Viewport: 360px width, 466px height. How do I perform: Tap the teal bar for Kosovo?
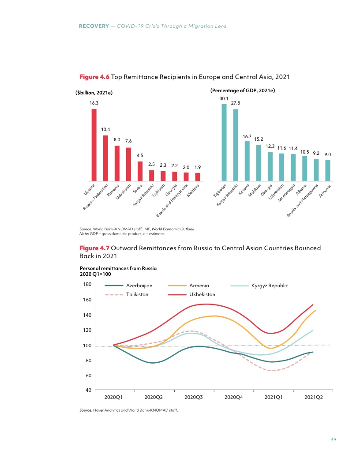click(x=247, y=161)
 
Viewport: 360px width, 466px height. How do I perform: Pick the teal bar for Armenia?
click(x=328, y=170)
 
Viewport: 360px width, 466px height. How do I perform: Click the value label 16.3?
click(x=94, y=102)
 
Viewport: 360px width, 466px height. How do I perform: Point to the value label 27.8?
click(x=236, y=102)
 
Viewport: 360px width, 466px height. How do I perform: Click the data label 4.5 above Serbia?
click(x=140, y=155)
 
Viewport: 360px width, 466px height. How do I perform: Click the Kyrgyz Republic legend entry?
click(x=269, y=286)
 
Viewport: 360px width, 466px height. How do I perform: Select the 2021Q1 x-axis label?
click(x=274, y=397)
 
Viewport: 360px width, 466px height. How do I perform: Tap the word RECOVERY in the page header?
click(x=94, y=26)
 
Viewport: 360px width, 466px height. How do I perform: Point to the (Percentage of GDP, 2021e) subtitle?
click(x=243, y=90)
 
